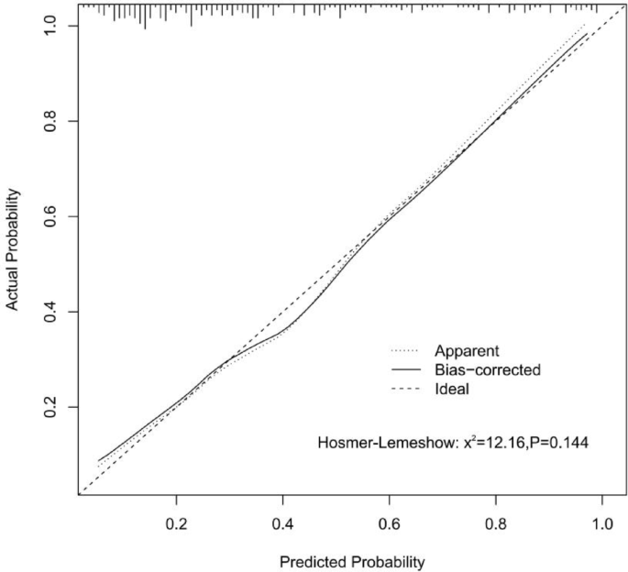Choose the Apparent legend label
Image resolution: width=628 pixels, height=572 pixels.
click(x=468, y=350)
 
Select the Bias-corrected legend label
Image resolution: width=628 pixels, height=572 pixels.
click(x=489, y=369)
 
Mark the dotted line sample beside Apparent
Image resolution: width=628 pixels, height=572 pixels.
click(x=404, y=350)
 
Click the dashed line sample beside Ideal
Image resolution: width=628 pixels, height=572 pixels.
click(x=404, y=389)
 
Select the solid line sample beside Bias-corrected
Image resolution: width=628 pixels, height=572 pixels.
click(x=404, y=369)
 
